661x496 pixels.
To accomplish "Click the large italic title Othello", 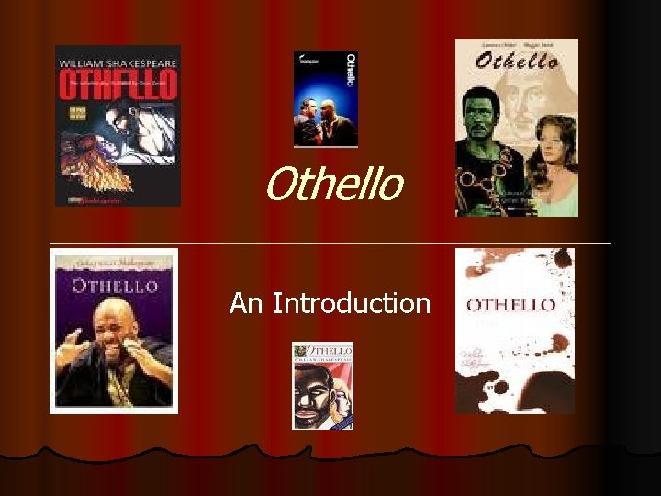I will [x=333, y=184].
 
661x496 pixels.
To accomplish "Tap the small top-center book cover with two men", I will [x=325, y=99].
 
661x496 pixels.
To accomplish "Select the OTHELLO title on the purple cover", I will [x=115, y=286].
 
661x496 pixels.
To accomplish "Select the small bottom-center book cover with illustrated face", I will [x=322, y=386].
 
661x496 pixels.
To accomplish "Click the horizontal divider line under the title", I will [x=330, y=242].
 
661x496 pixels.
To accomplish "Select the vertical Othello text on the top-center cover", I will [x=349, y=68].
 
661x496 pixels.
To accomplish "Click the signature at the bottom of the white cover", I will [x=500, y=372].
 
